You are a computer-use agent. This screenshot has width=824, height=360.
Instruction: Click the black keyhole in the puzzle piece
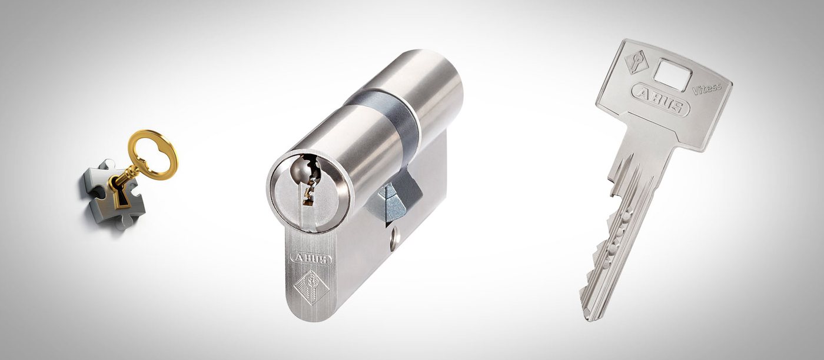[x=121, y=195]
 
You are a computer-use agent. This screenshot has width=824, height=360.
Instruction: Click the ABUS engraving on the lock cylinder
[x=311, y=258]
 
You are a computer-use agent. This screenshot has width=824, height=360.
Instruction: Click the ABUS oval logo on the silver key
[x=660, y=99]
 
